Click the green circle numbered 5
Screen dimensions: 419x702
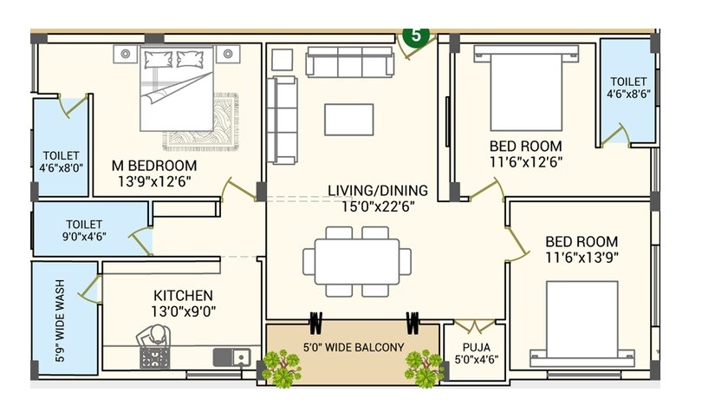pos(415,36)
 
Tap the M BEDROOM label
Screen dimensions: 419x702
pos(153,166)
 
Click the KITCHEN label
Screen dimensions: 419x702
pos(183,296)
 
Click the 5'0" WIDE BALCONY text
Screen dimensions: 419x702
pos(353,348)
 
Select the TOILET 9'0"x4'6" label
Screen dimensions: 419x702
pos(83,230)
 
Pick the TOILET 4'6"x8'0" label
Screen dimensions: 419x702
pos(61,161)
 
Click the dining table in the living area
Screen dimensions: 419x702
pos(356,261)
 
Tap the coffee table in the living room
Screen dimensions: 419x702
pos(348,119)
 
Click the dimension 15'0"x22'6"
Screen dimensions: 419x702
pos(369,206)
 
